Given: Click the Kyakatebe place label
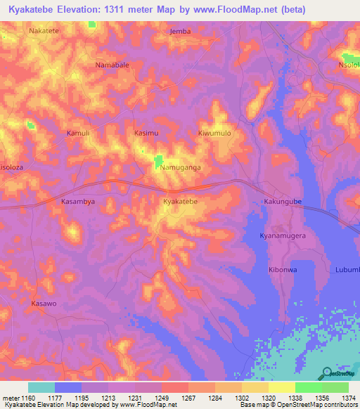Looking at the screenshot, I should [x=180, y=202].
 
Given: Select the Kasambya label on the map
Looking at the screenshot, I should [x=78, y=201].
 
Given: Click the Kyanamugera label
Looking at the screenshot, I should [x=283, y=236].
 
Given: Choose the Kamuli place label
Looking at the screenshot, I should [x=78, y=133].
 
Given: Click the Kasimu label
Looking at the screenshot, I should [x=146, y=133].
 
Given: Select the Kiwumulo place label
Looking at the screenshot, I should [x=214, y=133].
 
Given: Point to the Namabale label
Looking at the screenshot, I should [x=112, y=65].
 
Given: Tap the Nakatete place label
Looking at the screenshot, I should [x=44, y=31].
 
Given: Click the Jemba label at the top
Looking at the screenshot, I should [x=181, y=31].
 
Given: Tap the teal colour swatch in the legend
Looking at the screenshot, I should [x=41, y=387].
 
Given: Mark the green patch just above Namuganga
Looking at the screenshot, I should [x=159, y=160].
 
